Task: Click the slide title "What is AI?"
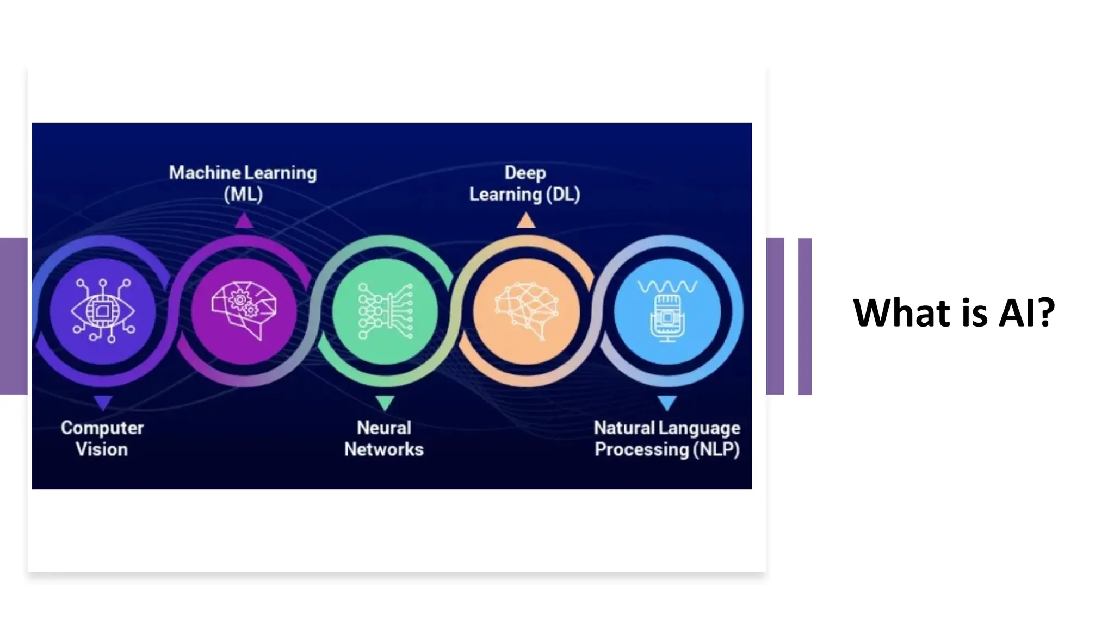954,313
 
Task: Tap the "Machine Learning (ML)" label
243,183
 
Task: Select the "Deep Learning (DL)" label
525,183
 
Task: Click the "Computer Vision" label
102,439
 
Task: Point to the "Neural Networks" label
384,439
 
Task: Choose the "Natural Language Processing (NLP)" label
667,439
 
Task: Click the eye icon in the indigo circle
103,311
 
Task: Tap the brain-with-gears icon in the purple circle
244,311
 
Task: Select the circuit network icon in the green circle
385,311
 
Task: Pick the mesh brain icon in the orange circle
526,311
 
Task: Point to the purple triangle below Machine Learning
244,221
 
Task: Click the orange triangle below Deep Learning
526,221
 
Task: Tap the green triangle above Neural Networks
385,403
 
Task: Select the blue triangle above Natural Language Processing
667,403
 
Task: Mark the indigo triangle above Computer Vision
103,403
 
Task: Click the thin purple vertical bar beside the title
804,316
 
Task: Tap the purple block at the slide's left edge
14,316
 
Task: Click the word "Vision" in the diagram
102,449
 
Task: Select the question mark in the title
1044,313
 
